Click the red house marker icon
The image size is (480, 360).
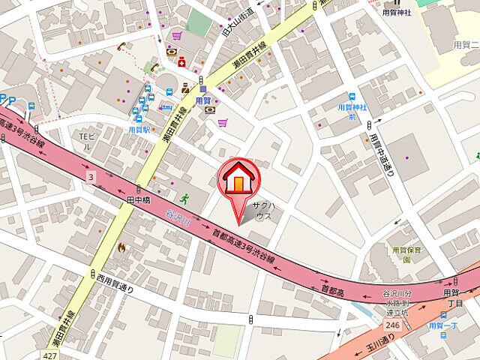(238, 180)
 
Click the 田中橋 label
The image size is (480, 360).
(139, 200)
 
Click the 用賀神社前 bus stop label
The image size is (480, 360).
(352, 112)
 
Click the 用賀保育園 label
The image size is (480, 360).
(407, 254)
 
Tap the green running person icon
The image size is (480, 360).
(184, 199)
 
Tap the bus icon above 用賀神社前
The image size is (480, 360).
(352, 96)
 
